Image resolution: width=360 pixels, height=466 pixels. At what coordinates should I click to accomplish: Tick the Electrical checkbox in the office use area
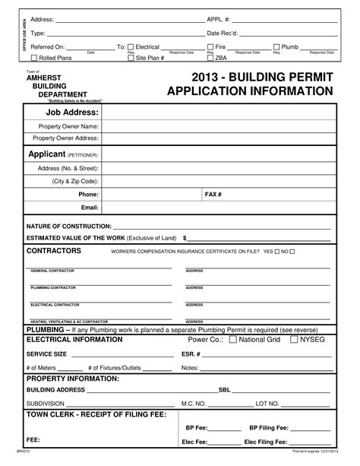[131, 47]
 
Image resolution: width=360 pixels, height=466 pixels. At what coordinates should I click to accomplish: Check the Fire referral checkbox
[210, 47]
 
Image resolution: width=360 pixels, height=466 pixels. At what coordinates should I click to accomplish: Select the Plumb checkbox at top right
[276, 47]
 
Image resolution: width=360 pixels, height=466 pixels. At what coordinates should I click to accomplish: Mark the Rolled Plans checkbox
[34, 57]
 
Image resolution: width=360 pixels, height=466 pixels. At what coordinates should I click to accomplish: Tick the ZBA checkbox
[210, 57]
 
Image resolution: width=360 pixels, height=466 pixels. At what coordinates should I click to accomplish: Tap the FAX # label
[213, 195]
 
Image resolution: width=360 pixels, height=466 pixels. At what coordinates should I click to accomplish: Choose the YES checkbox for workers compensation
[278, 250]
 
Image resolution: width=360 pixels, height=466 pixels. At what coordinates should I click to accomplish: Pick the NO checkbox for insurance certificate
[292, 250]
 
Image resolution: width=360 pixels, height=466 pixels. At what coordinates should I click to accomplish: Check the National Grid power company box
[234, 340]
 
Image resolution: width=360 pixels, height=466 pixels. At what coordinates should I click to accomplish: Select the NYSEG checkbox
[294, 340]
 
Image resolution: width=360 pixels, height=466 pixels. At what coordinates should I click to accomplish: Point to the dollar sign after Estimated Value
[185, 237]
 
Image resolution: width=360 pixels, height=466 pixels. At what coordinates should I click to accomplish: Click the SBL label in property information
[225, 389]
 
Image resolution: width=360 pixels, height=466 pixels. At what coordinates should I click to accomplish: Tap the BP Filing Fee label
[270, 427]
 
